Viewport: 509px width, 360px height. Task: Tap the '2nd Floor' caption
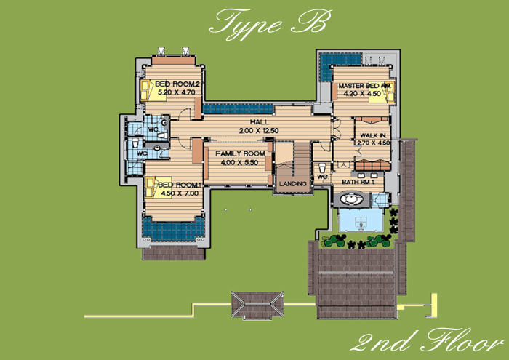pos(427,340)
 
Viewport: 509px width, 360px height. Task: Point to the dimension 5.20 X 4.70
pos(177,92)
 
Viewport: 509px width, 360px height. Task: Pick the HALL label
pos(260,122)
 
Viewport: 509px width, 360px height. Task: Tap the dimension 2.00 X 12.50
pos(259,131)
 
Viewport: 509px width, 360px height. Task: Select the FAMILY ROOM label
pos(240,153)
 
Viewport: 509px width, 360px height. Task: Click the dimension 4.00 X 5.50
pos(239,162)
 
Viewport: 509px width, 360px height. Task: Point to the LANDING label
pos(293,184)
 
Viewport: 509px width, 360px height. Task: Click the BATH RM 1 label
pos(358,182)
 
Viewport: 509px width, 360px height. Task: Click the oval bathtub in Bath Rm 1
pos(351,199)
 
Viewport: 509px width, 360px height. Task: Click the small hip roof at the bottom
pos(257,305)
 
